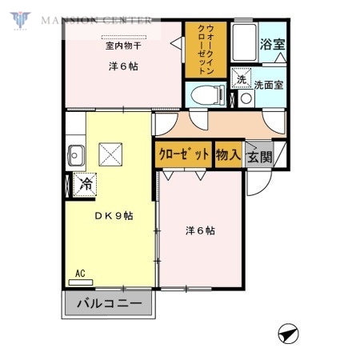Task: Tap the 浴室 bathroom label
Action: click(x=272, y=45)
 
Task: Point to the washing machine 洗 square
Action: click(x=241, y=79)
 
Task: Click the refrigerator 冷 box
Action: click(x=85, y=185)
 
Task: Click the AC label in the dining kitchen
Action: click(x=80, y=274)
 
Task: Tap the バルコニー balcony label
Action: click(x=110, y=303)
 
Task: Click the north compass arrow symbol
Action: click(x=289, y=331)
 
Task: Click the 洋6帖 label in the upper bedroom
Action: click(x=123, y=66)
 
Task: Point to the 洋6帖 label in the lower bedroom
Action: click(x=199, y=230)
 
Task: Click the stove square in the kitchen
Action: click(x=110, y=153)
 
